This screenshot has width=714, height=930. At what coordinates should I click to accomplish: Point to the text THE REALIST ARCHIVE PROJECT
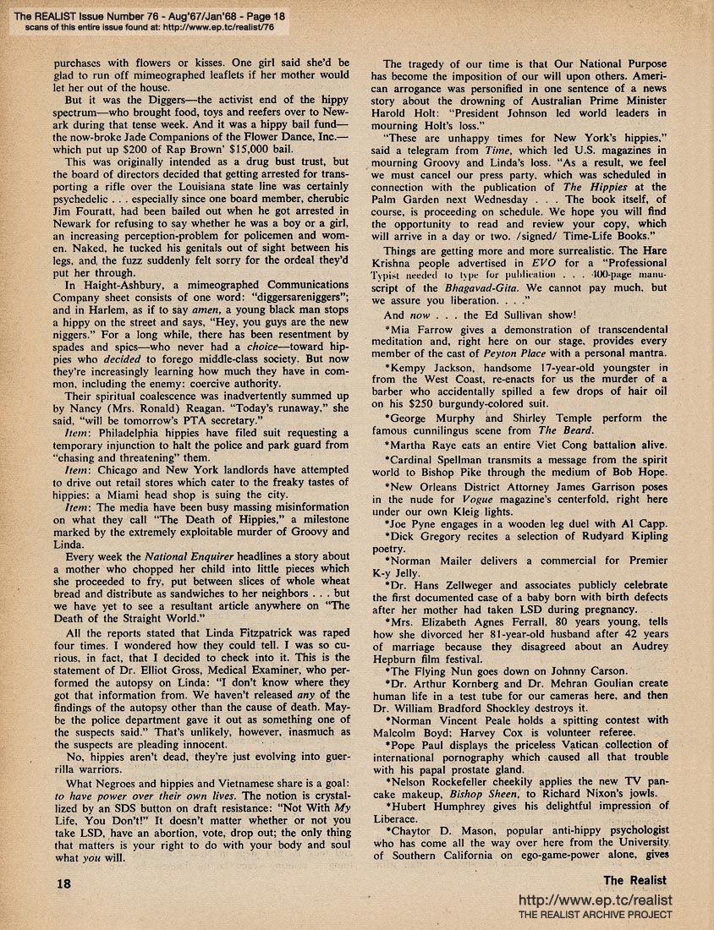(x=595, y=916)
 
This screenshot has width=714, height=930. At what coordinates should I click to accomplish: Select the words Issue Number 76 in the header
(x=107, y=9)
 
